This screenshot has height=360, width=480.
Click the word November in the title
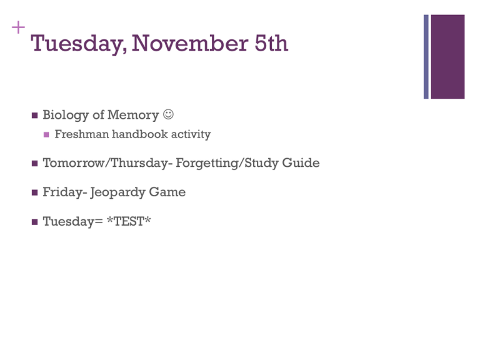[190, 43]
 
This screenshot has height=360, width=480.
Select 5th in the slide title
[271, 43]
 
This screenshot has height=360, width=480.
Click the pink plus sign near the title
[18, 27]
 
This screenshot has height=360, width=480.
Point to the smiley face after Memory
[168, 114]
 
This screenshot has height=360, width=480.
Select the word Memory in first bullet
[133, 116]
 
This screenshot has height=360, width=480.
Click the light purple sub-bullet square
[46, 134]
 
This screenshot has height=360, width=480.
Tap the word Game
[167, 192]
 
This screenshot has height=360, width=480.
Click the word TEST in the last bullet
[129, 221]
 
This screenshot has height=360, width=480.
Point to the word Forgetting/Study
[227, 163]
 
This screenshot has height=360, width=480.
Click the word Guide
[301, 162]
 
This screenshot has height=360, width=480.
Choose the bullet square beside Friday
[34, 192]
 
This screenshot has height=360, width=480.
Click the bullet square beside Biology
[34, 116]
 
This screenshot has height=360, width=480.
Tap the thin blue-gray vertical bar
[426, 57]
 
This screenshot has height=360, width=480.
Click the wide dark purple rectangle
[448, 57]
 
